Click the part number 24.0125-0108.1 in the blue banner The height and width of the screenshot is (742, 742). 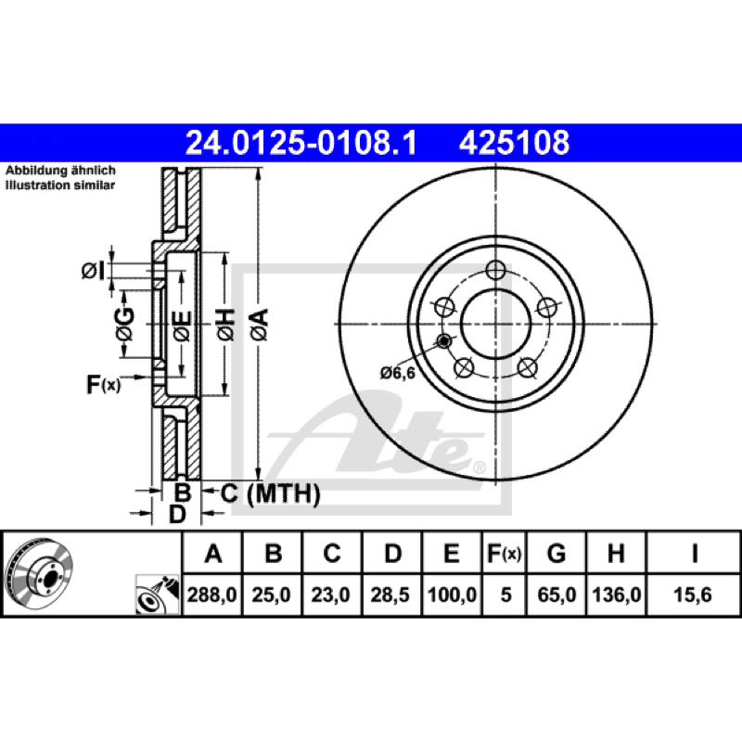click(301, 143)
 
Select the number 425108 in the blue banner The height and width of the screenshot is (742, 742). click(514, 143)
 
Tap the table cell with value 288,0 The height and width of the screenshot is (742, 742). click(212, 595)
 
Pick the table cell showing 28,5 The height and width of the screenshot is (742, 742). click(390, 595)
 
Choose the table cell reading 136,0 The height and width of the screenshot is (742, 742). click(616, 595)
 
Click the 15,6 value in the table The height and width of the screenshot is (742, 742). click(693, 595)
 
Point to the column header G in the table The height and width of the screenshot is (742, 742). click(556, 553)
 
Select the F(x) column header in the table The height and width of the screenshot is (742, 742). click(505, 553)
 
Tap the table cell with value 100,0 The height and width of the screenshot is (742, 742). click(452, 595)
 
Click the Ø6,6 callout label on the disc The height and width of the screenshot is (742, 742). click(398, 374)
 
